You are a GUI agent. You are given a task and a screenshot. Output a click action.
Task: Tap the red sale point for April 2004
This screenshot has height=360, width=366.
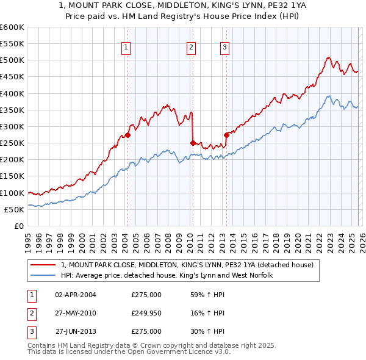[127, 135]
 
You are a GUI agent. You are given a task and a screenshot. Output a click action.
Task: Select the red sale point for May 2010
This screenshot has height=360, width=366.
[193, 143]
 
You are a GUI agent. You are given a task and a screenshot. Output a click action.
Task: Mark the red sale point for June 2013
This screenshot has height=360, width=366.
[226, 135]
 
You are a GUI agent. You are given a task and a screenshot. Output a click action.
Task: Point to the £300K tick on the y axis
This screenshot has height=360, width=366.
[12, 126]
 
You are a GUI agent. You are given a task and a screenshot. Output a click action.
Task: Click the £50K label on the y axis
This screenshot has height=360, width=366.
[14, 209]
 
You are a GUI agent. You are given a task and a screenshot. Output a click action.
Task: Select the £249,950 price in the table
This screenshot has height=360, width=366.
[146, 313]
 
